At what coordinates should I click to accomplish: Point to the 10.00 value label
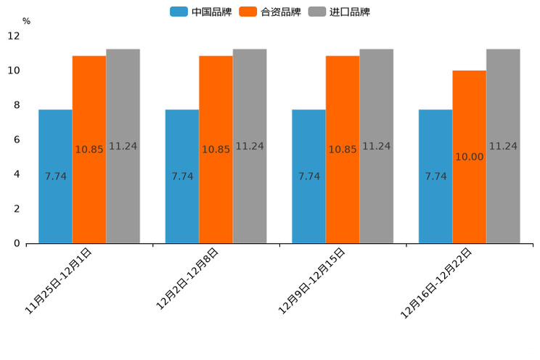click(x=469, y=157)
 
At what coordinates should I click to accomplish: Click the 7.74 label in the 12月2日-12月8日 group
click(x=182, y=176)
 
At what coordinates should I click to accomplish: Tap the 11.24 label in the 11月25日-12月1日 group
click(x=123, y=146)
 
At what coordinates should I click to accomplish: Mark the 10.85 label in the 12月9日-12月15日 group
click(x=343, y=150)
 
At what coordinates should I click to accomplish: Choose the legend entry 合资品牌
click(x=280, y=12)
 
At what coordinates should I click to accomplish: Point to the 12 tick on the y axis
click(x=14, y=36)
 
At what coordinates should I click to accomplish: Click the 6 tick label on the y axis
click(x=17, y=139)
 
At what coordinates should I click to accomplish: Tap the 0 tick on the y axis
click(x=17, y=243)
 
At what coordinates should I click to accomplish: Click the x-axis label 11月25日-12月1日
click(x=60, y=280)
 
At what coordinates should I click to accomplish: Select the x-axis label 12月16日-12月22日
click(x=437, y=282)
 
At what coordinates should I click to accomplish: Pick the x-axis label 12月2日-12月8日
click(x=187, y=279)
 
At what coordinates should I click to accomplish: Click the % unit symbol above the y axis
click(x=26, y=21)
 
